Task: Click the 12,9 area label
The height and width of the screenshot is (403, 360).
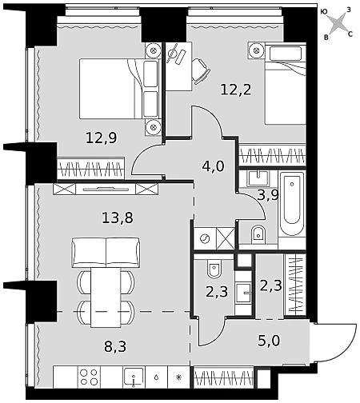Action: coord(102,138)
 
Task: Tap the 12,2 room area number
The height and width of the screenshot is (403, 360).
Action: coord(236,90)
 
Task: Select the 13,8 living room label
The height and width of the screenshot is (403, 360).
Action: coord(118,217)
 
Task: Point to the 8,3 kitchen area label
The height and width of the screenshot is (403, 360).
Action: coord(115,347)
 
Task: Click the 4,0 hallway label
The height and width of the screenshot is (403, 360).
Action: coord(214,166)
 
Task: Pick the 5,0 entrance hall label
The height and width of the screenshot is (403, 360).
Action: coord(269,341)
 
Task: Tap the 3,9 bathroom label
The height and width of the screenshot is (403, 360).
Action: coord(268,195)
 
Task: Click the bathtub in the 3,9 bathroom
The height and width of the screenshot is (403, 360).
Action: coord(292,204)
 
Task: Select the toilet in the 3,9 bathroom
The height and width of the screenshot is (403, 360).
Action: coord(258,234)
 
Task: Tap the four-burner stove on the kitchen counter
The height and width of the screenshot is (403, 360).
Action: coord(89,377)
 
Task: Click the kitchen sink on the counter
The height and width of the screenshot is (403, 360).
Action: coord(134,377)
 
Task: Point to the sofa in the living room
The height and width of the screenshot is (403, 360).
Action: coord(106,253)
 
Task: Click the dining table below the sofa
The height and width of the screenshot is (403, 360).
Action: coord(106,297)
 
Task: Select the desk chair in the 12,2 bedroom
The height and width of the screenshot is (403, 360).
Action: coord(201,71)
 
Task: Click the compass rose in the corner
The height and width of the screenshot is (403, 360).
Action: coord(337,23)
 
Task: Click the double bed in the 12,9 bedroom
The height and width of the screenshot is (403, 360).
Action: coord(120,89)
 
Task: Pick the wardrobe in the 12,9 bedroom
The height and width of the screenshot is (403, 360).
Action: coord(91,168)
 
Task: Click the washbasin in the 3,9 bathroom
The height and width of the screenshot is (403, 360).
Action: coord(258,178)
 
